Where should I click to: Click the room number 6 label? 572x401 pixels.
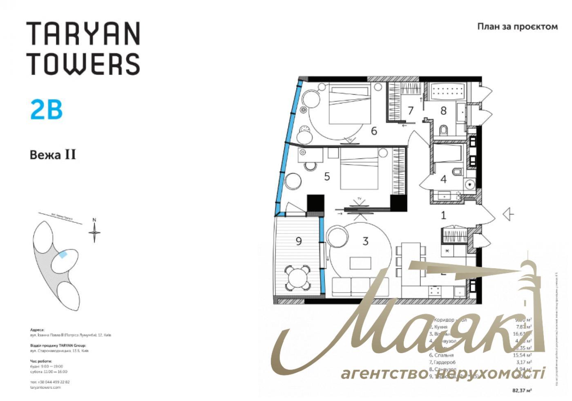[x=374, y=131]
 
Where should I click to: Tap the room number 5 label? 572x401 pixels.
[x=327, y=177]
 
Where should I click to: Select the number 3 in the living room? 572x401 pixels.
[x=365, y=241]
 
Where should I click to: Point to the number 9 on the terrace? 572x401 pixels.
[x=299, y=241]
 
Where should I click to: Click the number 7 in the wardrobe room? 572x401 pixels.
[x=411, y=110]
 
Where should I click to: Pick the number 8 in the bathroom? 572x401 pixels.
[x=443, y=110]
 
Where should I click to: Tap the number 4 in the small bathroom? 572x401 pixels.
[x=443, y=179]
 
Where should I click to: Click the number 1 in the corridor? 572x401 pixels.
[x=443, y=215]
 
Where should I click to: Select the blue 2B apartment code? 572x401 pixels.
[x=47, y=110]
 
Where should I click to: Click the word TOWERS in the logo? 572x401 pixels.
[x=83, y=64]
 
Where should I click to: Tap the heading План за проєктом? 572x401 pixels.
[x=517, y=27]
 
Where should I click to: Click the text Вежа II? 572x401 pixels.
[x=53, y=155]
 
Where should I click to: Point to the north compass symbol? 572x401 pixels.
[x=94, y=231]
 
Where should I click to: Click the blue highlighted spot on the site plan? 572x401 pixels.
[x=63, y=255]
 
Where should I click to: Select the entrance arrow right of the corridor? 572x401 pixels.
[x=508, y=214]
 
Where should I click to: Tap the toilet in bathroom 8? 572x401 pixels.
[x=444, y=130]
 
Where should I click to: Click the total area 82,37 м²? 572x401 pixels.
[x=522, y=390]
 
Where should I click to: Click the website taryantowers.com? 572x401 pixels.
[x=45, y=388]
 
